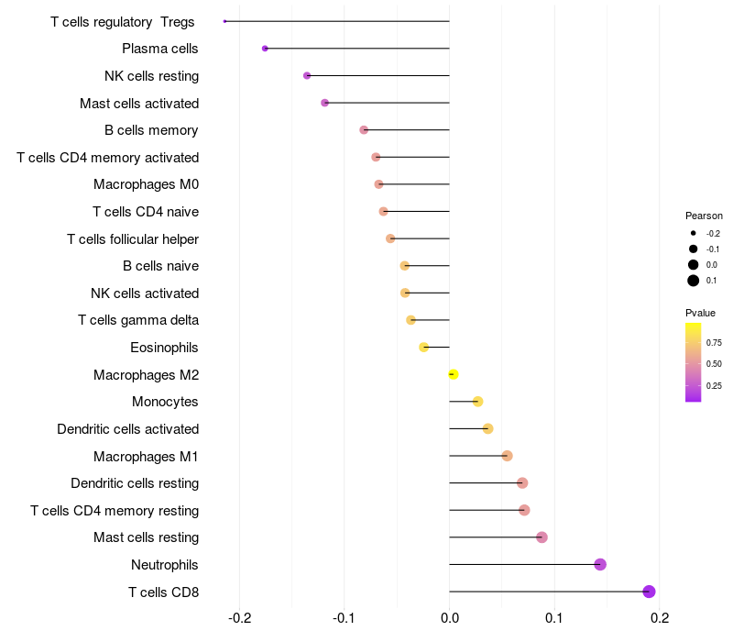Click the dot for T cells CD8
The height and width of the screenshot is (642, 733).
(649, 592)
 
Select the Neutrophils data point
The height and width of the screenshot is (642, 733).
(600, 564)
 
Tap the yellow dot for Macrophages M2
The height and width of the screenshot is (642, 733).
(453, 374)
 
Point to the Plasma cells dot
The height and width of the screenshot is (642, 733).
(265, 49)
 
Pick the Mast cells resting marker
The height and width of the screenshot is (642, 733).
(542, 537)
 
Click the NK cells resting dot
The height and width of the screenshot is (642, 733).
(307, 75)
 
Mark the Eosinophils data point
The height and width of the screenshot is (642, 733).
(423, 348)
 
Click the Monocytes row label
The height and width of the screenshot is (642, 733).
(165, 402)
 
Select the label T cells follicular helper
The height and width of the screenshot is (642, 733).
(133, 239)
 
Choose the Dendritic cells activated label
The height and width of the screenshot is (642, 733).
(127, 429)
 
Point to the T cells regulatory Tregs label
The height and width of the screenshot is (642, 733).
(123, 22)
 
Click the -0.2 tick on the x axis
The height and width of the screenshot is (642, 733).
(239, 617)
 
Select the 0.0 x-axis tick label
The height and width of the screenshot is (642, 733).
(449, 617)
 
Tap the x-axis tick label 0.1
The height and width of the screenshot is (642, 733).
(553, 617)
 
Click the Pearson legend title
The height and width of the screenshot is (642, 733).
(704, 216)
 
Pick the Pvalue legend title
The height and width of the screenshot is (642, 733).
(700, 313)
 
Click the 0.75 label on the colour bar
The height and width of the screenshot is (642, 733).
(714, 343)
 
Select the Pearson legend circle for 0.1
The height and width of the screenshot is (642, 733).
(694, 281)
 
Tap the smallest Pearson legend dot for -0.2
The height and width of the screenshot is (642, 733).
(694, 234)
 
